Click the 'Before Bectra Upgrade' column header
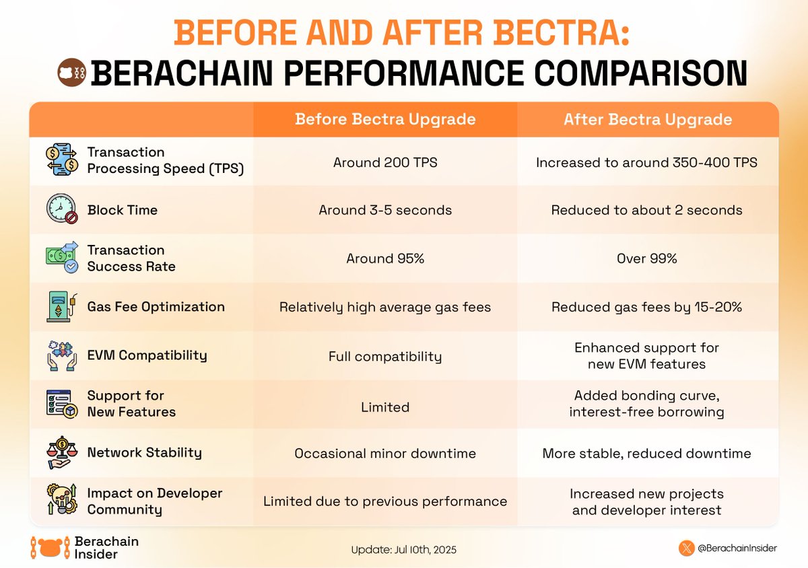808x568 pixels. (x=385, y=120)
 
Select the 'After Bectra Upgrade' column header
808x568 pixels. (x=648, y=120)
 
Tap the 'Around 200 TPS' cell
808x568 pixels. (x=385, y=162)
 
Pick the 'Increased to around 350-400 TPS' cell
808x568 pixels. (x=647, y=162)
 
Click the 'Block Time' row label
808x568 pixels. (x=123, y=210)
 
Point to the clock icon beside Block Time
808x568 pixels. (x=61, y=209)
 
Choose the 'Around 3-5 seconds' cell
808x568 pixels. (x=385, y=210)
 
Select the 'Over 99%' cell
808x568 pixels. (x=647, y=258)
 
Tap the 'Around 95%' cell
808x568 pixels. (x=385, y=258)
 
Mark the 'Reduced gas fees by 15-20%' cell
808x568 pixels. (x=647, y=307)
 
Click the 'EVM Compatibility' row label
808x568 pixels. (x=147, y=355)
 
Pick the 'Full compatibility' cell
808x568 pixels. (x=385, y=356)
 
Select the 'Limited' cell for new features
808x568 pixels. (x=385, y=406)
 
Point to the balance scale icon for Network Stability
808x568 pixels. (x=61, y=452)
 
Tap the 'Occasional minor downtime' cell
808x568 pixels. (x=385, y=454)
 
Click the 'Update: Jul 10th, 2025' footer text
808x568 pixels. (x=403, y=550)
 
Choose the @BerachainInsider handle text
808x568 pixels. (x=738, y=548)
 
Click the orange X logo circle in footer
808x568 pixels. (x=686, y=548)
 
